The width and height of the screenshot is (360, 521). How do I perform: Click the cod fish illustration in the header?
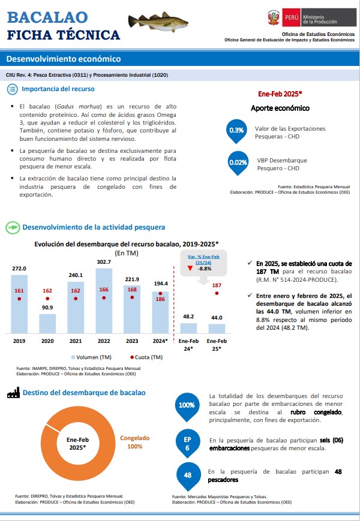pyautogui.click(x=158, y=22)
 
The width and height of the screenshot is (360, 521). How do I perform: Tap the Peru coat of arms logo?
pyautogui.click(x=274, y=17)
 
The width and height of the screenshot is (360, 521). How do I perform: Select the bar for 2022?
pyautogui.click(x=104, y=301)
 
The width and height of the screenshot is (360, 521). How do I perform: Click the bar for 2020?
pyautogui.click(x=47, y=324)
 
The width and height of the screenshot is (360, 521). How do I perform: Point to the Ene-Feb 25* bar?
pyautogui.click(x=217, y=329)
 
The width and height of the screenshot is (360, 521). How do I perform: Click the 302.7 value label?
pyautogui.click(x=104, y=262)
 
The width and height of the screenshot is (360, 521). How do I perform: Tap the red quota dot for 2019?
pyautogui.click(x=19, y=299)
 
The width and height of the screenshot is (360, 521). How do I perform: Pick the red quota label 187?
pyautogui.click(x=217, y=285)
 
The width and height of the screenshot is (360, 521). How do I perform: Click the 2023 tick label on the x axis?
pyautogui.click(x=132, y=341)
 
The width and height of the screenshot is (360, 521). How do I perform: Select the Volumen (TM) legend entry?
pyautogui.click(x=91, y=357)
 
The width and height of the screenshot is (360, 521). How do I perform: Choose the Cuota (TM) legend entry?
pyautogui.click(x=146, y=357)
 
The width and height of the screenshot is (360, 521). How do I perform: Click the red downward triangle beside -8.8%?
pyautogui.click(x=190, y=268)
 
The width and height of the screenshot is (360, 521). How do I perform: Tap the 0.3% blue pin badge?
pyautogui.click(x=236, y=131)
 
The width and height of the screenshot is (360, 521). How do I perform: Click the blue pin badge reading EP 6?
pyautogui.click(x=187, y=444)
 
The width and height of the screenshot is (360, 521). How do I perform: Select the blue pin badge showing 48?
pyautogui.click(x=188, y=476)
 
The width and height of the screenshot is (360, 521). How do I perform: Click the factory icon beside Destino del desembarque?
pyautogui.click(x=13, y=393)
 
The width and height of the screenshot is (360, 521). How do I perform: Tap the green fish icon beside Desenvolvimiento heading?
pyautogui.click(x=13, y=228)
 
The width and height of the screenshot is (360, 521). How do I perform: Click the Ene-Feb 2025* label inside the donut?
pyautogui.click(x=77, y=444)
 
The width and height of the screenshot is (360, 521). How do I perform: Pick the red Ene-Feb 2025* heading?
pyautogui.click(x=280, y=94)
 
